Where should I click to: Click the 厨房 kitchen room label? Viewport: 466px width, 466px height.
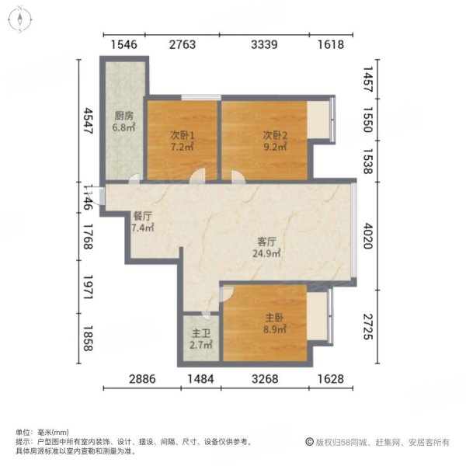pos(123,116)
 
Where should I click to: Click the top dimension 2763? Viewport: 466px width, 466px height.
pos(182,45)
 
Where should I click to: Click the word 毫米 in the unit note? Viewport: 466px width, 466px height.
pos(43,432)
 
